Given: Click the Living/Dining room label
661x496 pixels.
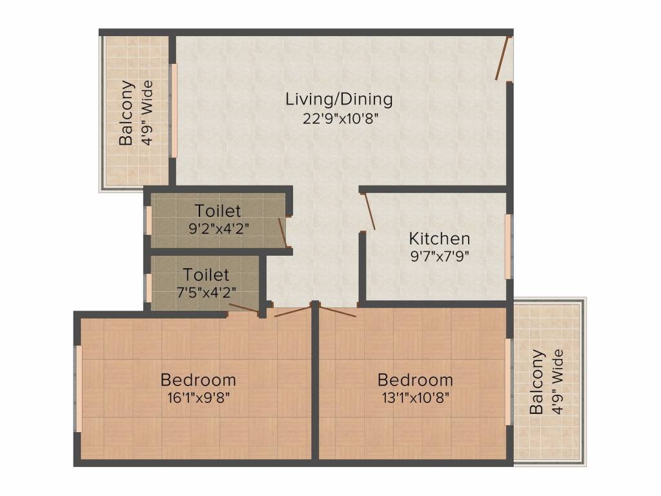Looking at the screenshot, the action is [339, 99].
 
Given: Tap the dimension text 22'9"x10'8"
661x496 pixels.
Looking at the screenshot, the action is [339, 119].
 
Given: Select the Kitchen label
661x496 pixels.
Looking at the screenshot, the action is [439, 239].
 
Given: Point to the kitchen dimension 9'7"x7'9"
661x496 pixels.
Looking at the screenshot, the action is [440, 256].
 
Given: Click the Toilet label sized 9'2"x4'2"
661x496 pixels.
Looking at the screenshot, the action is [218, 211].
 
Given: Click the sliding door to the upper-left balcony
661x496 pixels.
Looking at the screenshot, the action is [173, 110].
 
